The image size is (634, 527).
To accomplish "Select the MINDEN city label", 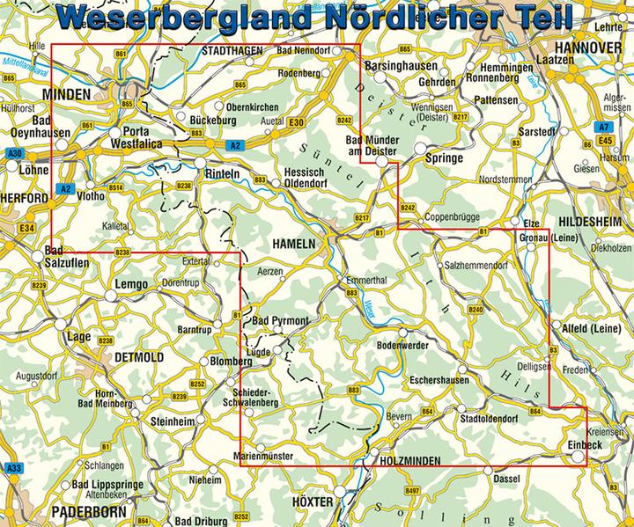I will tap(67, 93).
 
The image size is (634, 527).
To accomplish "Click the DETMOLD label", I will tap(140, 356).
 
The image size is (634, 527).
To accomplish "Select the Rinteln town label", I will tap(222, 174).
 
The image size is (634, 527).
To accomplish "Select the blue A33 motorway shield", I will tap(13, 468).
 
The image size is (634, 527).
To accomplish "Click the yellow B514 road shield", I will tap(114, 187).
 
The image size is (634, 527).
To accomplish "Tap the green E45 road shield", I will tap(603, 140).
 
